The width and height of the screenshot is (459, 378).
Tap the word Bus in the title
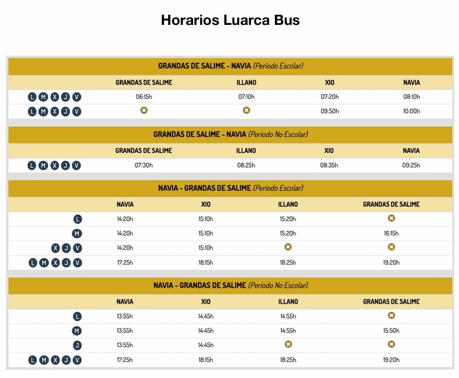[x=285, y=20]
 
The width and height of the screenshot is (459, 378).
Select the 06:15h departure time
[x=144, y=97]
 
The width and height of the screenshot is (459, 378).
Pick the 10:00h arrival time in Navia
[x=411, y=111]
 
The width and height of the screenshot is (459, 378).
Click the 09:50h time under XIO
[x=329, y=111]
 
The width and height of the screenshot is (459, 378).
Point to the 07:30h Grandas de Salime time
[x=144, y=165]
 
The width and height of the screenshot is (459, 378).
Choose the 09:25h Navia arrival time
[x=411, y=165]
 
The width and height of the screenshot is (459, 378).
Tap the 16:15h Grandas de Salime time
[x=391, y=233]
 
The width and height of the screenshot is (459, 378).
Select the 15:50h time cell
[x=391, y=331]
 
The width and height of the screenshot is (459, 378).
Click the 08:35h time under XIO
[x=329, y=165]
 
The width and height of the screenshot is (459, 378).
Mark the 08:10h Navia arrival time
[x=411, y=97]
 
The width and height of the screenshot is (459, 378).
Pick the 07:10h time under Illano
[x=246, y=97]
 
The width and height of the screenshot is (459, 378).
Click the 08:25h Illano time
[x=246, y=165]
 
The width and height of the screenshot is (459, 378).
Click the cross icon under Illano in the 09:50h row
[x=246, y=110]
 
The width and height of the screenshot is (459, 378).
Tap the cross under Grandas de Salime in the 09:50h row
[x=144, y=110]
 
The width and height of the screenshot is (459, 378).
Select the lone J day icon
[x=77, y=345]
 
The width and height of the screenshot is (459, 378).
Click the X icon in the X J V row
[x=55, y=248]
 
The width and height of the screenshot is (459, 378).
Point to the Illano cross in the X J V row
[x=288, y=247]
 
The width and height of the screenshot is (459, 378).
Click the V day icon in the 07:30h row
[x=76, y=165]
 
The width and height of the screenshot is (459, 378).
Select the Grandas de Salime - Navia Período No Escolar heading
[x=230, y=134]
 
